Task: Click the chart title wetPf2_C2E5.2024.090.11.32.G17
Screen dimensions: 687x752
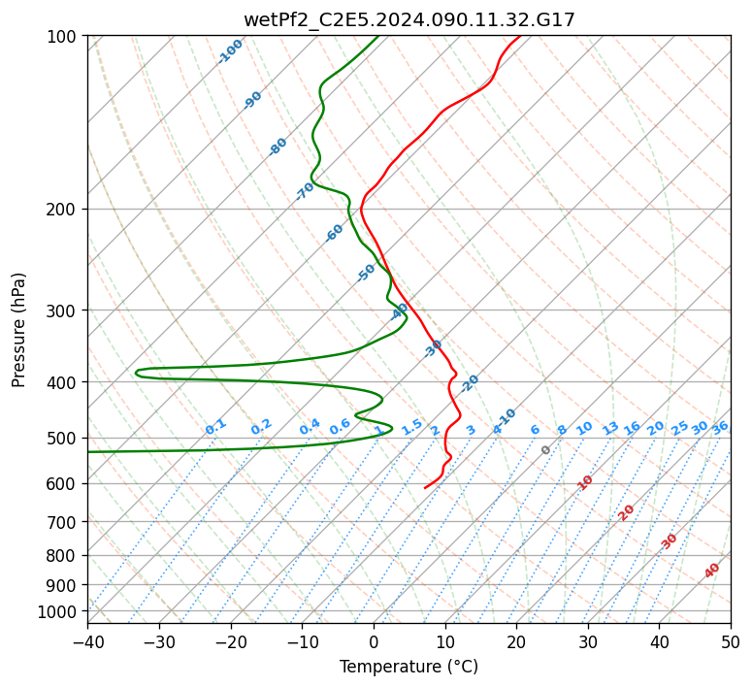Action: point(409,19)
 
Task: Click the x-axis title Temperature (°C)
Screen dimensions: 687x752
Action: point(409,668)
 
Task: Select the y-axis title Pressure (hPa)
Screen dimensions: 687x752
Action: point(19,330)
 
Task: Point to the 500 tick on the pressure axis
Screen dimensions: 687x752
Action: point(64,439)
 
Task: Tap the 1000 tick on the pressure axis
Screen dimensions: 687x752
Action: point(60,611)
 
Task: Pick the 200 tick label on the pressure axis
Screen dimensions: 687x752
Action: point(64,210)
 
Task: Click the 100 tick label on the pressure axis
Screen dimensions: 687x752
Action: point(64,37)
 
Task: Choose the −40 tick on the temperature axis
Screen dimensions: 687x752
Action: point(87,641)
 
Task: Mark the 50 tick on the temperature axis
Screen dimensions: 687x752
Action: point(731,641)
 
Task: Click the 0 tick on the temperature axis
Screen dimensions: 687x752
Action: point(374,641)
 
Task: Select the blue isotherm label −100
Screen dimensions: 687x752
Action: point(230,51)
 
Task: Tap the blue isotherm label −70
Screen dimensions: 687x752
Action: point(305,191)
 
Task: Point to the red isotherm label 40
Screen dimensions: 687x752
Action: point(712,571)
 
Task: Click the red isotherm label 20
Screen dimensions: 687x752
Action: point(627,512)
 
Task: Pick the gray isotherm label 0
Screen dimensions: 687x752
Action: point(546,450)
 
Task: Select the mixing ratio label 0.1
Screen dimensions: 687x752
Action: point(215,427)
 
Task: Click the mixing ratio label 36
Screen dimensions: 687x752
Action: point(720,427)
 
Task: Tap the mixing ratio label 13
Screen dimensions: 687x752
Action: point(610,428)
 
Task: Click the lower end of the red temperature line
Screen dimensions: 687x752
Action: point(425,487)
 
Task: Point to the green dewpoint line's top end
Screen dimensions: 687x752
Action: point(378,37)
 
